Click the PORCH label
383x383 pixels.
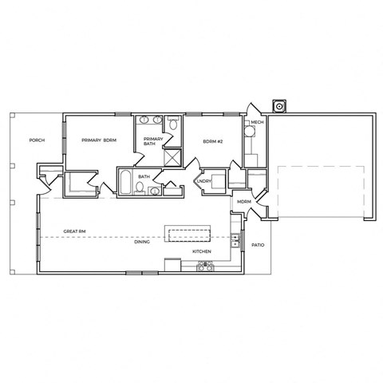click(37, 140)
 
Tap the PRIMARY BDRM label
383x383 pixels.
click(99, 140)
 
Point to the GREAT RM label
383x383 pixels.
click(74, 234)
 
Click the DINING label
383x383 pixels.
click(143, 243)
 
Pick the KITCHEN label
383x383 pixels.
click(201, 252)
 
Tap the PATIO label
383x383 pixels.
click(257, 245)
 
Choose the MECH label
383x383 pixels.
click(257, 122)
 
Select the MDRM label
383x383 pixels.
click(244, 202)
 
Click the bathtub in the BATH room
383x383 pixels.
click(126, 183)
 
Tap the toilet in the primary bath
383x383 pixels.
click(172, 123)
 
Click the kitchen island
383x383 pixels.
click(188, 234)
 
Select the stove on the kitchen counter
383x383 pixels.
click(204, 267)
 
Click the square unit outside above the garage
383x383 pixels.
click(279, 105)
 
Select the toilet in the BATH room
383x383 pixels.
click(140, 188)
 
